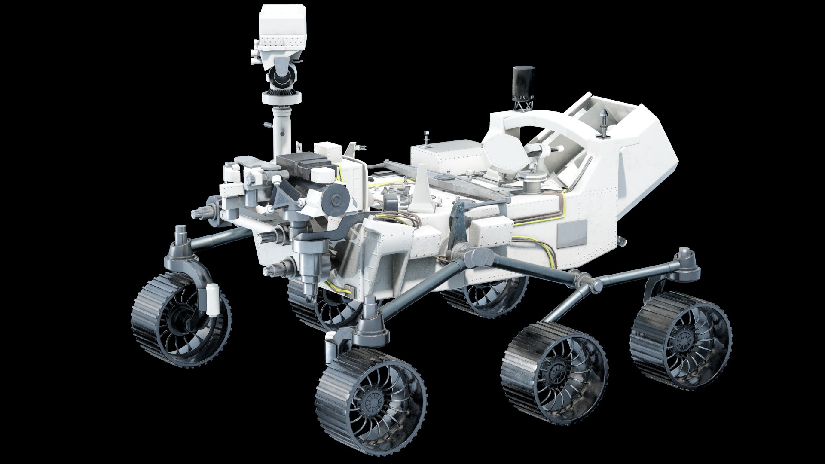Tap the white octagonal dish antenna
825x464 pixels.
[x=505, y=154]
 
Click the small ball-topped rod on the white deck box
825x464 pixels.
[x=426, y=135]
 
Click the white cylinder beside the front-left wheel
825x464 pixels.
[x=213, y=299]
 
